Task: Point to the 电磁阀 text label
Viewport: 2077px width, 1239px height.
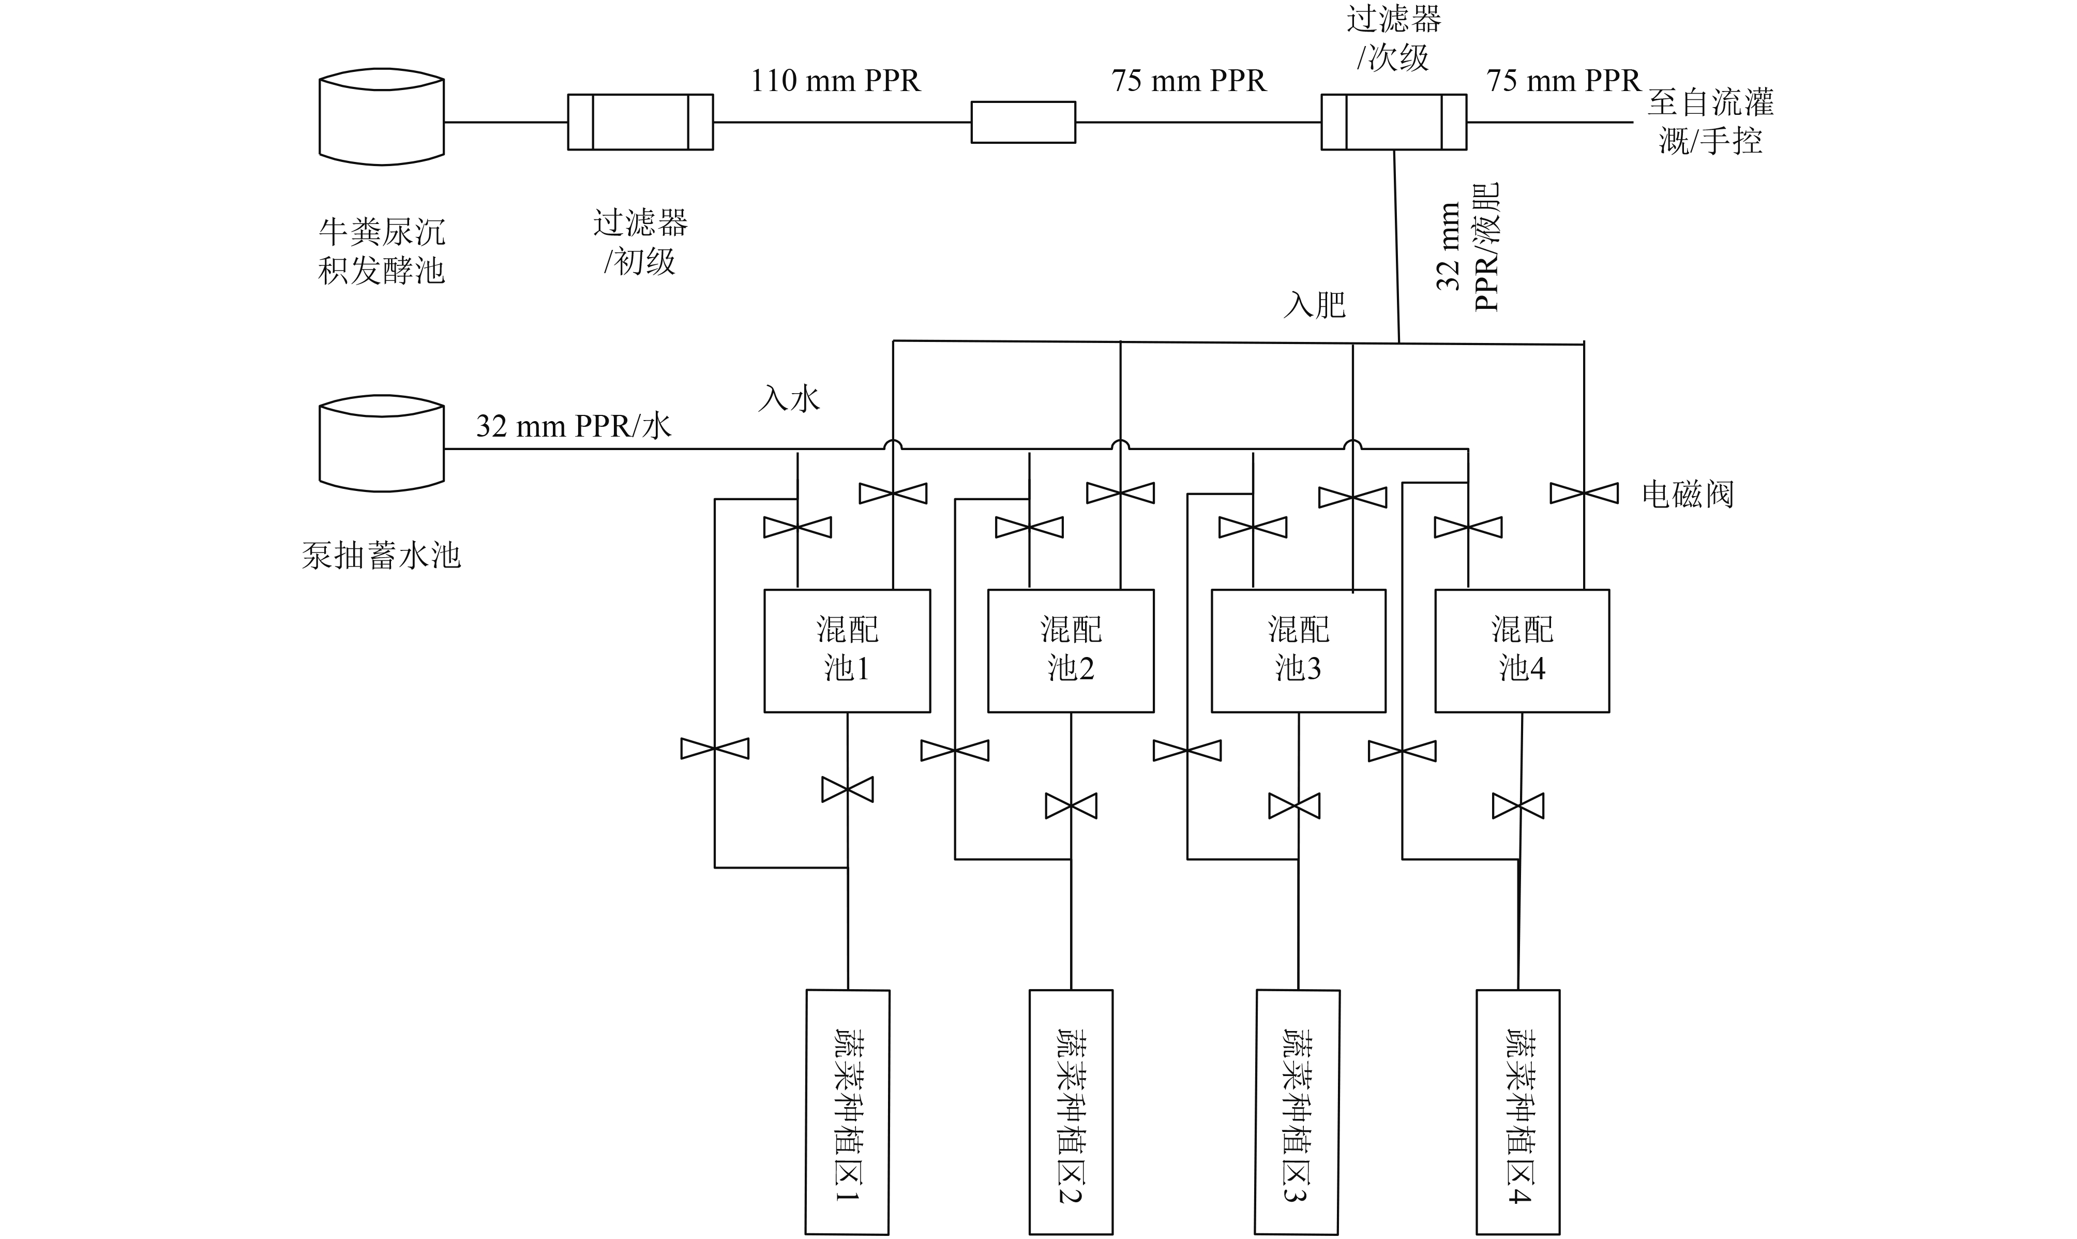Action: [1687, 494]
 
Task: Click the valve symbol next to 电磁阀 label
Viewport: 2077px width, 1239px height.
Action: [1584, 494]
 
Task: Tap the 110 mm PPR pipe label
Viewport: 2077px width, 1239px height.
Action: [835, 81]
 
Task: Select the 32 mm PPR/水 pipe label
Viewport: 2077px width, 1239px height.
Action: [573, 426]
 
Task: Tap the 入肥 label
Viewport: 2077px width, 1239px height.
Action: [1315, 305]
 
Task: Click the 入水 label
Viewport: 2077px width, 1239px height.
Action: [789, 398]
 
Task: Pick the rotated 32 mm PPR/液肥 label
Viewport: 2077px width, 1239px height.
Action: [1468, 247]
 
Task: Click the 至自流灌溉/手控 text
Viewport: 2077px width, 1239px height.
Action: [1711, 121]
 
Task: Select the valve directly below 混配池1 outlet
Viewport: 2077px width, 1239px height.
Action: [847, 789]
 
